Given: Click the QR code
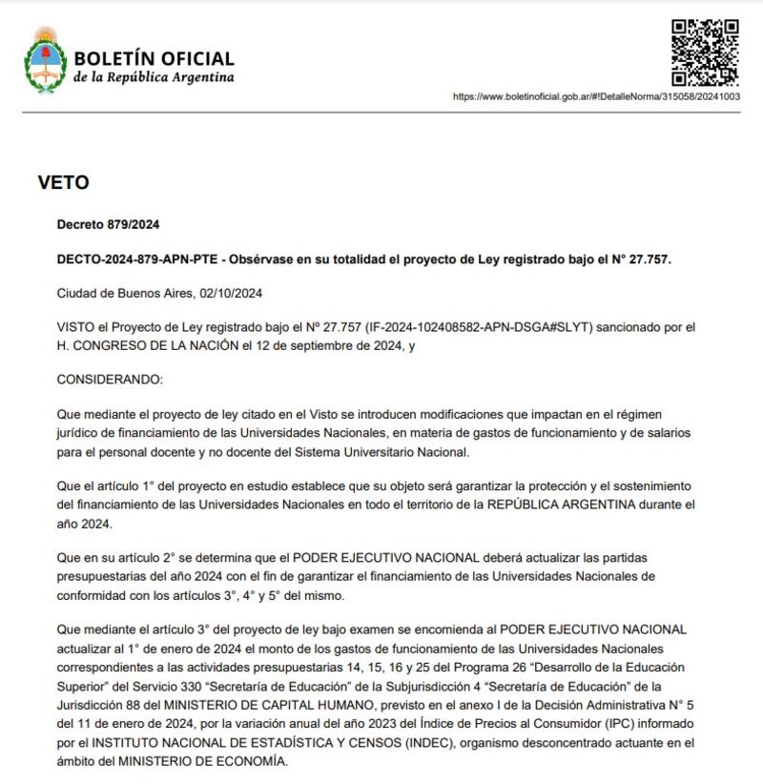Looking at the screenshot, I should [704, 52].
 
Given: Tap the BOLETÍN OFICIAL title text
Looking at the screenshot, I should [154, 59].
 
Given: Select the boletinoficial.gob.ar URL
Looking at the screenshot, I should [596, 96].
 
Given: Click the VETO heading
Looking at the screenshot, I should [64, 182].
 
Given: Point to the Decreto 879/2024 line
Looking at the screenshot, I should [108, 225].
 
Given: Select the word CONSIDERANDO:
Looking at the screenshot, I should [110, 379].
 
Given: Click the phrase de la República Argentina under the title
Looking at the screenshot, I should [153, 78].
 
